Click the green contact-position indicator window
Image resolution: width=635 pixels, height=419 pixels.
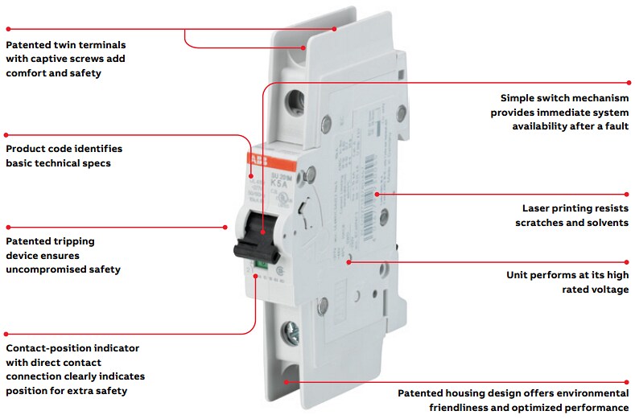tap(261, 262)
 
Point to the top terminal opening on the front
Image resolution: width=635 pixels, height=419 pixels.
tap(295, 101)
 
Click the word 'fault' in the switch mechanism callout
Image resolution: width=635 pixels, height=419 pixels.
tap(615, 126)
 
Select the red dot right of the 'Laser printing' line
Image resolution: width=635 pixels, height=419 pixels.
tap(629, 193)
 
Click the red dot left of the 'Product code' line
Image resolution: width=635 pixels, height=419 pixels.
tap(6, 134)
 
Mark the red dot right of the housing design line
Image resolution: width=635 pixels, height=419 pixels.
tap(629, 381)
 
